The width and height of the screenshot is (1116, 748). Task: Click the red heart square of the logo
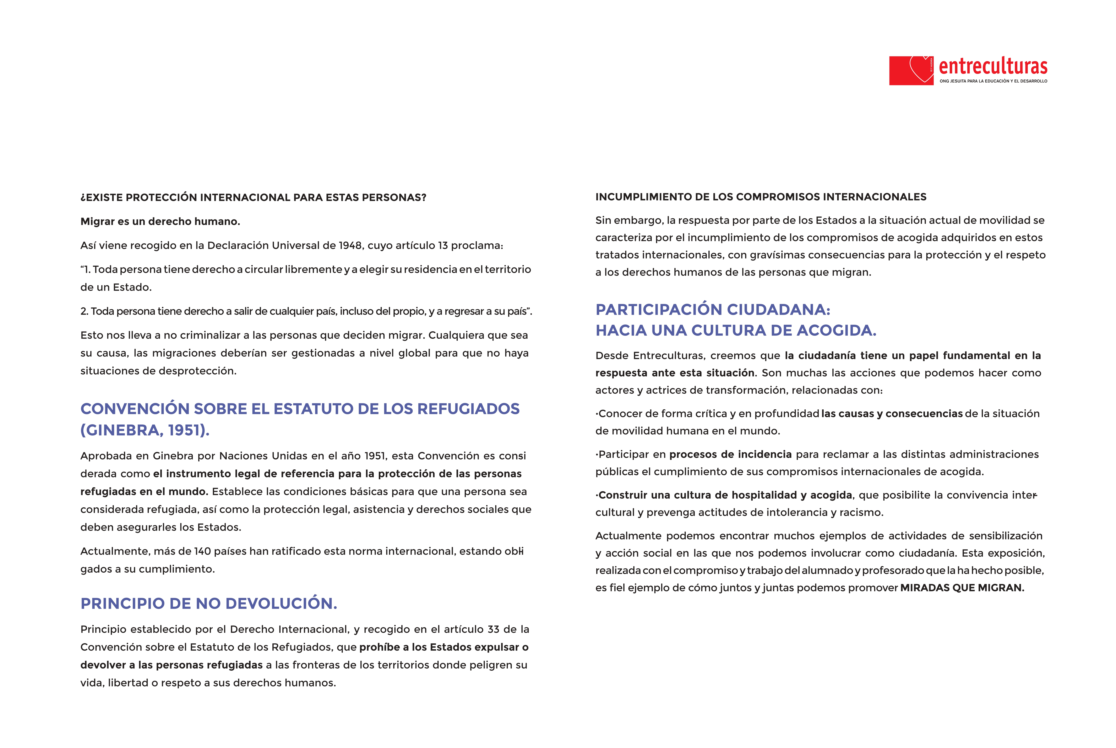tap(910, 71)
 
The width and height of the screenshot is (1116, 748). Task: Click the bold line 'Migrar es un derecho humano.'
tap(160, 221)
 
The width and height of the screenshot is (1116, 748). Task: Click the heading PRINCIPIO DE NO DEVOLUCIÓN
tap(208, 604)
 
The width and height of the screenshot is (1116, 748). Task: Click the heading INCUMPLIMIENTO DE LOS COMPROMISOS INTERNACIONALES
tap(761, 197)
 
